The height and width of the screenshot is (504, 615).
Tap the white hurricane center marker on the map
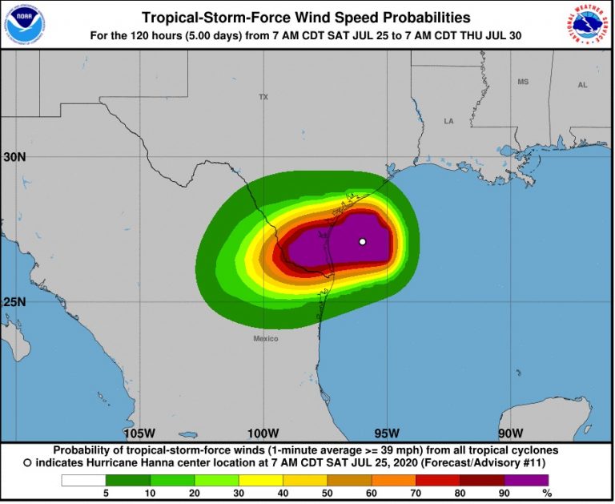(362, 241)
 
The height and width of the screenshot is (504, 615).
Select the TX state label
(263, 97)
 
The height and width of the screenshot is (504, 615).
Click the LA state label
(449, 121)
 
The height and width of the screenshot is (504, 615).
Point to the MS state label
(523, 82)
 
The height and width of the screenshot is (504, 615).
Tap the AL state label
(582, 84)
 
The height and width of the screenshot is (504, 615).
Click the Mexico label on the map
(266, 339)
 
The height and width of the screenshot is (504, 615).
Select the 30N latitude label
(14, 157)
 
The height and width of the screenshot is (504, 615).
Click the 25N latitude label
(14, 302)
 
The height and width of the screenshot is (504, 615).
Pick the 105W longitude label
(139, 433)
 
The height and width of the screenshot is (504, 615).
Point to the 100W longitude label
(263, 433)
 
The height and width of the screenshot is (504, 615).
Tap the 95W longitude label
(387, 433)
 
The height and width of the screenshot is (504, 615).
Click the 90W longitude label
(510, 433)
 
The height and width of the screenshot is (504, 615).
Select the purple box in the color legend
(526, 480)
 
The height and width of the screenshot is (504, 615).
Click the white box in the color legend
(83, 480)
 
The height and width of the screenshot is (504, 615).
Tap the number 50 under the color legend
(327, 493)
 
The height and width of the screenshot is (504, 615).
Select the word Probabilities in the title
(416, 17)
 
